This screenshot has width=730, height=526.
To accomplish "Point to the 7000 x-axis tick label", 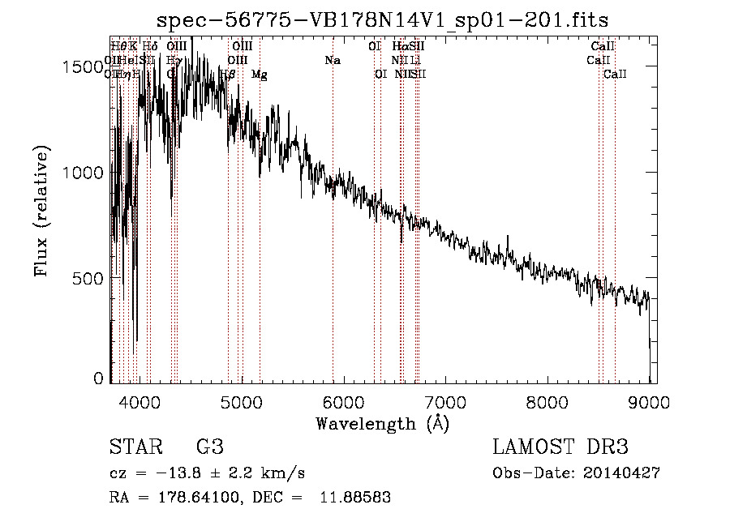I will [446, 400].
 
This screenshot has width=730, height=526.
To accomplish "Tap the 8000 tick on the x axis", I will [548, 400].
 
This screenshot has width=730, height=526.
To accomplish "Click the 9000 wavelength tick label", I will [651, 400].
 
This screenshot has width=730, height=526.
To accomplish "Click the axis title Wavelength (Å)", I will [383, 423].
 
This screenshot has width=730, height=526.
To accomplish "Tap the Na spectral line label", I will [333, 61].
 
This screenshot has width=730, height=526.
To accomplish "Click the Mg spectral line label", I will [259, 75].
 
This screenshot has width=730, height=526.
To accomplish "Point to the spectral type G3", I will [209, 447].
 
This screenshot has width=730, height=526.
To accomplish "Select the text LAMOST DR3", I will [560, 447].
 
